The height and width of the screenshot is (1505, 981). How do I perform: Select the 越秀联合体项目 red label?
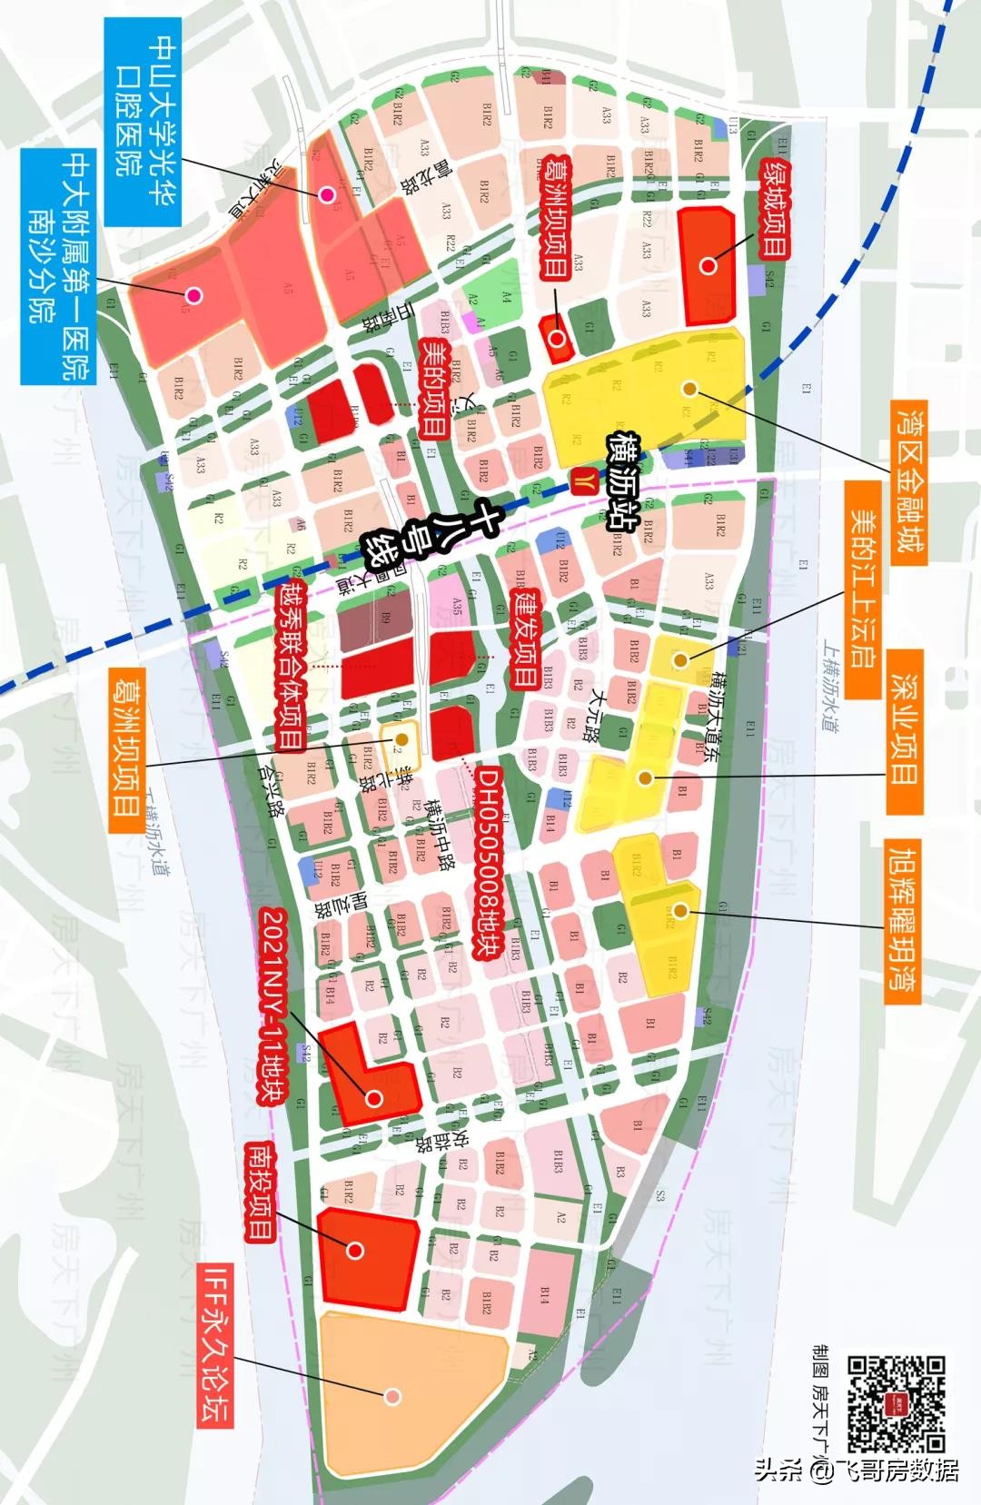click(289, 668)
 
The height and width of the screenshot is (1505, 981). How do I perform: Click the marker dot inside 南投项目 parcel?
click(355, 1251)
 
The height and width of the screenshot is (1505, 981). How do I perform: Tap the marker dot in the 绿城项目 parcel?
click(708, 266)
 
